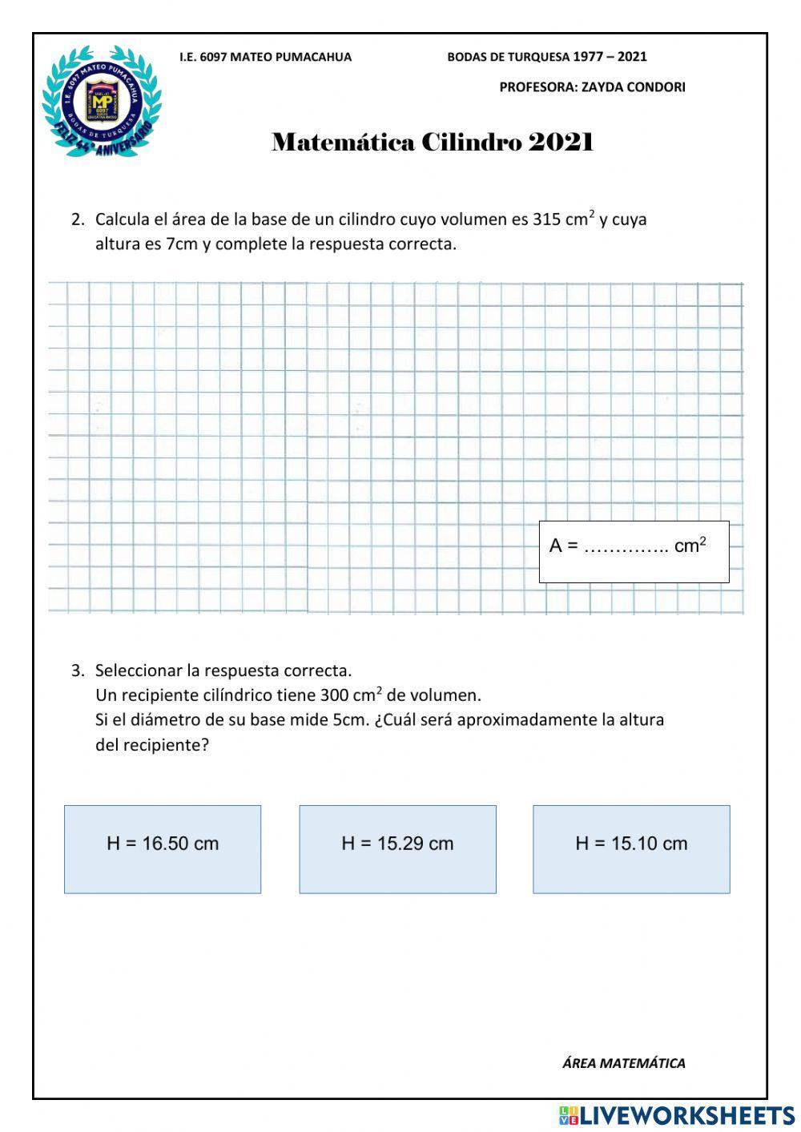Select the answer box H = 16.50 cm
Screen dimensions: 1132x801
(163, 848)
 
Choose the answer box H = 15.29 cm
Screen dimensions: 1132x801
(397, 848)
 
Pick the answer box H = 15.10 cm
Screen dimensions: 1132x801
(631, 848)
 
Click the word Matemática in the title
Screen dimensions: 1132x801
(343, 143)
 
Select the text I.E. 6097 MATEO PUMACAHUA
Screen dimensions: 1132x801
(265, 57)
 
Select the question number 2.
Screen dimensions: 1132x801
(78, 220)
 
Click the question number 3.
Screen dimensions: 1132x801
(78, 670)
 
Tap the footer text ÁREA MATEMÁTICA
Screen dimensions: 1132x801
(623, 1063)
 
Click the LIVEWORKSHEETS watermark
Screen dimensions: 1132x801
(677, 1115)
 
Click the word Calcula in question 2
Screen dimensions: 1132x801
(122, 220)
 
